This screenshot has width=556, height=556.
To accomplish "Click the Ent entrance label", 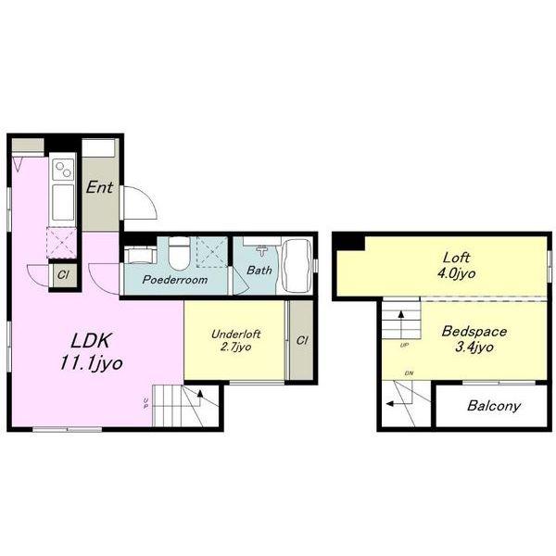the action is point(100,187).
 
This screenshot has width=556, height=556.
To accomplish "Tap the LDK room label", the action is point(91,341).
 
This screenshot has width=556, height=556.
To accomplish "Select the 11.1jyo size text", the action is point(91,363).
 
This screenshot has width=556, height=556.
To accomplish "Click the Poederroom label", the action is point(175,280).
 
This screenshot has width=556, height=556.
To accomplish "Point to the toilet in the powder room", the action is point(180,253).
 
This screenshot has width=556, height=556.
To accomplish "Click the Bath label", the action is point(259,271).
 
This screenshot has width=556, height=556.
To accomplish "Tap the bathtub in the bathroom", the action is point(297,266).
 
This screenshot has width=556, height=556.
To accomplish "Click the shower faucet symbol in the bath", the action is point(261,251).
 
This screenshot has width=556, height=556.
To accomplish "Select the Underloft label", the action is point(235,334).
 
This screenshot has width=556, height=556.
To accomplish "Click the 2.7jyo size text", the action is point(235,347).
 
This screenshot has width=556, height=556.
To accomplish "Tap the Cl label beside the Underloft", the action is point(302,340).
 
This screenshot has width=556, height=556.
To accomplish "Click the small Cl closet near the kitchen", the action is point(63,275).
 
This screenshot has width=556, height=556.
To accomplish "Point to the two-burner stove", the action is point(63,170).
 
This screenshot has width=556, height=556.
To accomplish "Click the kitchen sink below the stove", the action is point(63,202).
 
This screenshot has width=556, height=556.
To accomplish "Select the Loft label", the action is point(456,258).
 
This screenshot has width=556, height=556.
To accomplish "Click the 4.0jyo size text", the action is point(456,273).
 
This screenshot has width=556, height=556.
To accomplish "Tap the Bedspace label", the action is point(474,332).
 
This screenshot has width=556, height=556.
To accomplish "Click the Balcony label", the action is point(494,406).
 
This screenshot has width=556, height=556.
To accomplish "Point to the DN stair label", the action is point(409,373).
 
